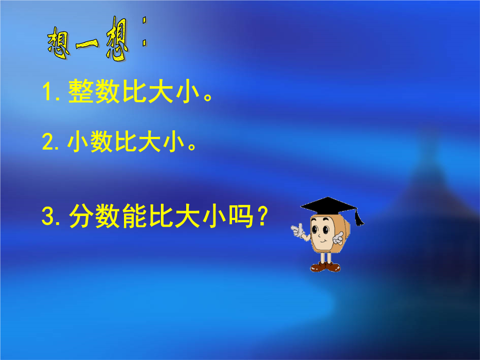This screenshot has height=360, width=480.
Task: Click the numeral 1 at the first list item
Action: [x=48, y=91]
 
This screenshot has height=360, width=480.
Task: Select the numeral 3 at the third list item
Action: [x=48, y=216]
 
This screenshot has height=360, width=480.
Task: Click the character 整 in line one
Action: [x=80, y=91]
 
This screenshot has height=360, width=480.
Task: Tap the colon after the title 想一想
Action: [x=144, y=32]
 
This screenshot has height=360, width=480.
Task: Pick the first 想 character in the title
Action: [x=59, y=43]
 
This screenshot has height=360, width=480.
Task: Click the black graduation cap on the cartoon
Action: [x=328, y=206]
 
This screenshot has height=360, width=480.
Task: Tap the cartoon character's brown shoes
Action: [x=325, y=267]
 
